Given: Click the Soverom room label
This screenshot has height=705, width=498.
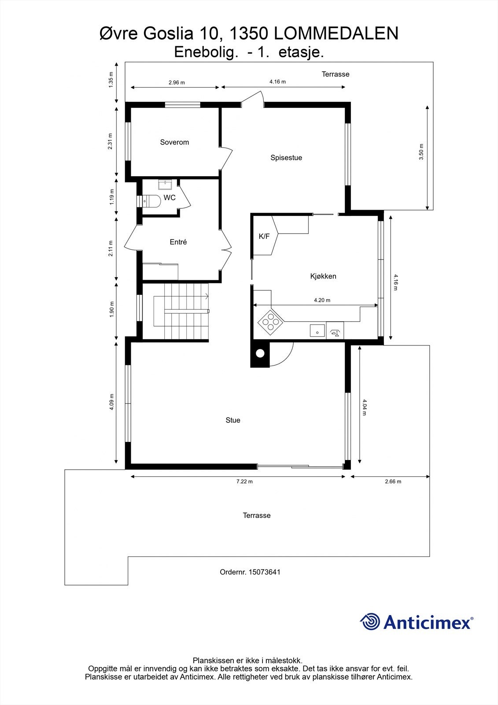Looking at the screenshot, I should pos(174,142).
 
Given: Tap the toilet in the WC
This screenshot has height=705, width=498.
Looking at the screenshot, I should pos(151,201).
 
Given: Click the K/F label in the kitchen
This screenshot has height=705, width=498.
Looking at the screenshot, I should pos(264,237).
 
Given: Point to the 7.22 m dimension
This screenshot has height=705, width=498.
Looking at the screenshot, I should pos(244,482).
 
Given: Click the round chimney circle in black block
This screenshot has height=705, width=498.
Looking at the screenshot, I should pos(260,353).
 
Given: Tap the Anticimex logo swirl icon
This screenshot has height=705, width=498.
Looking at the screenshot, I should pos(370,622).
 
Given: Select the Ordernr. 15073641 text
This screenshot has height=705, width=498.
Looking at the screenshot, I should pos(250,572).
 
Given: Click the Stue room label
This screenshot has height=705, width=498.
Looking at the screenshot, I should pos(232,420).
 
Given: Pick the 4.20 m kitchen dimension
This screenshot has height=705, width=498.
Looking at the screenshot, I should pos(322,300).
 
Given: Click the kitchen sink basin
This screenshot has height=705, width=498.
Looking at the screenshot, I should pos(317,330).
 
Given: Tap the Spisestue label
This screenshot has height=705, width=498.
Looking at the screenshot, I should pos(286,158).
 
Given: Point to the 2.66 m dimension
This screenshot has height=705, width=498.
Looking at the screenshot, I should pos(393,482).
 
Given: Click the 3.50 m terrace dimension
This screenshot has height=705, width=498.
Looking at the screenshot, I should pos(421,152).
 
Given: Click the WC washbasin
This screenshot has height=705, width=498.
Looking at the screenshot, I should pos(166,184).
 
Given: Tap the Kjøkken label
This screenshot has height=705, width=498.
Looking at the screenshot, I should pos(323,276).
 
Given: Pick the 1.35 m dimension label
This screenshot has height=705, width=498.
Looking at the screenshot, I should pos(111,80).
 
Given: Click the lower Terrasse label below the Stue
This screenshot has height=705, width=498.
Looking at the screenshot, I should pos(257,516).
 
